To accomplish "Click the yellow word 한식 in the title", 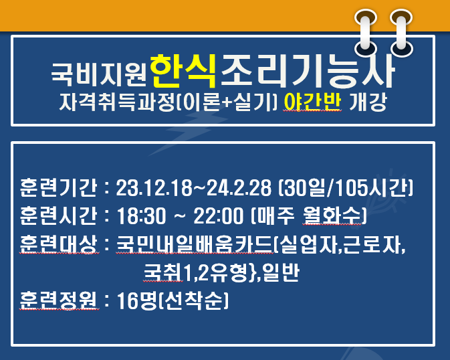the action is click(183, 71).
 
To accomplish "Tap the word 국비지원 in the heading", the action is click(100, 74).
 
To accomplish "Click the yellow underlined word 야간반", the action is click(312, 102).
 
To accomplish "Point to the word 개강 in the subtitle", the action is click(368, 102).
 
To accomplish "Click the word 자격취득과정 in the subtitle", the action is click(117, 102).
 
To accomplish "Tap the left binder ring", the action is click(366, 33).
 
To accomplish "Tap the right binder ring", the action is click(401, 33).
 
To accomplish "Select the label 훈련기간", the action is click(59, 187).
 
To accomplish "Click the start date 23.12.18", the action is click(154, 188).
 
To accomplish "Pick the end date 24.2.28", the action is click(239, 188).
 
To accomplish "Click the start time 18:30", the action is click(142, 215).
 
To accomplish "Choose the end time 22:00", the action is click(219, 215).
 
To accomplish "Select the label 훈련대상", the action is click(59, 244).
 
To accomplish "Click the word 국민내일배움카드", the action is click(195, 244).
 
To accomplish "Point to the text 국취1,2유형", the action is click(195, 272).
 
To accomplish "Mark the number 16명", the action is click(138, 300).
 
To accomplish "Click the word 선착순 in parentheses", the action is click(194, 300).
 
